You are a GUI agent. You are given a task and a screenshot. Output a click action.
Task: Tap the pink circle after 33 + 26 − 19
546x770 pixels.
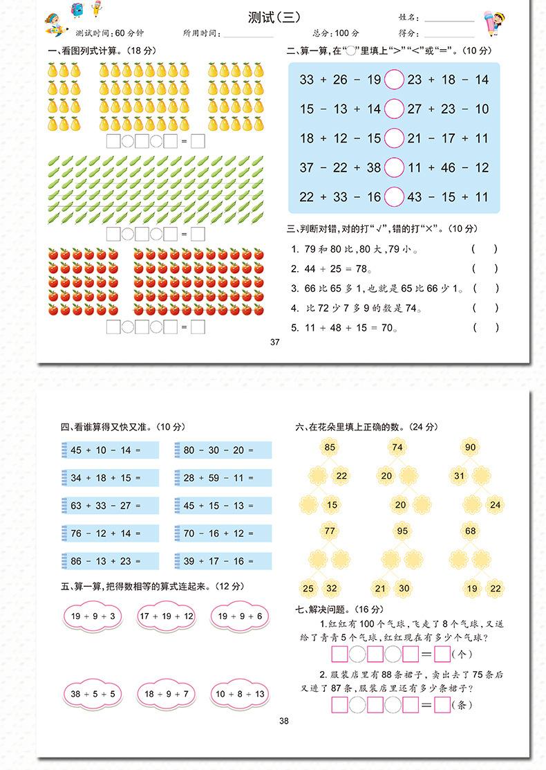[x=394, y=80]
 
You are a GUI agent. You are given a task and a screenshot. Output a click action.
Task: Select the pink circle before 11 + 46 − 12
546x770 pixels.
[x=394, y=167]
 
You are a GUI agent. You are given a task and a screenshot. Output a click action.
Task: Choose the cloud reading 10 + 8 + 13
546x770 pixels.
[x=240, y=693]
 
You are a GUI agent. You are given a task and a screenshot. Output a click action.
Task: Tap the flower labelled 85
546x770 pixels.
[x=330, y=448]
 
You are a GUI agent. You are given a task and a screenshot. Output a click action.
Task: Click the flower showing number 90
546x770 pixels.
[x=470, y=448]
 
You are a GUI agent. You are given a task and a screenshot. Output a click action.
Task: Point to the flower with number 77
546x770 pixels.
[x=330, y=531]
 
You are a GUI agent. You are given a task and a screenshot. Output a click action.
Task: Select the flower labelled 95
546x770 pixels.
[x=402, y=531]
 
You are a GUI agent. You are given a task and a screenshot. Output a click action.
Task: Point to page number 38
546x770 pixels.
[x=283, y=721]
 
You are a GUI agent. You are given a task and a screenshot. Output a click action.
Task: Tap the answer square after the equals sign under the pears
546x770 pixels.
[x=198, y=142]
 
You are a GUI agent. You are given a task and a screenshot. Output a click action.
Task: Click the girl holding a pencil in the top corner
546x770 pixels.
[x=491, y=24]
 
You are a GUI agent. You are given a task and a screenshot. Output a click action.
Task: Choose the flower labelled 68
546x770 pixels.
[x=470, y=531]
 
